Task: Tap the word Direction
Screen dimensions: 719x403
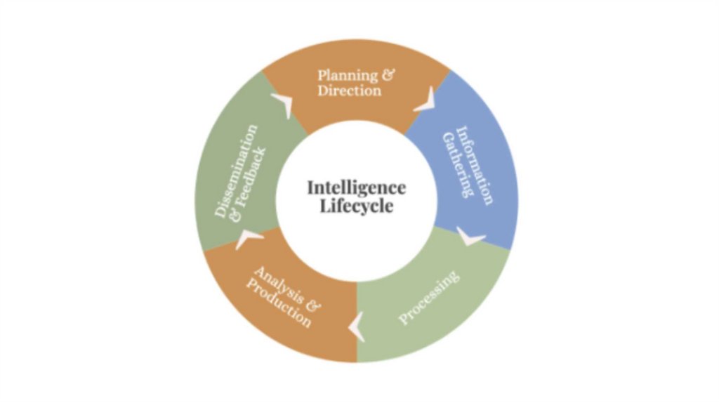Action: pos(349,91)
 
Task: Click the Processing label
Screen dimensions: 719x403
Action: pos(429,297)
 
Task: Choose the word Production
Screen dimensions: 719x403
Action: pos(278,303)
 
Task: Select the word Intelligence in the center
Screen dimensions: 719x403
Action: pos(356,188)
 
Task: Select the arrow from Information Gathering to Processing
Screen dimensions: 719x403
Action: pos(470,237)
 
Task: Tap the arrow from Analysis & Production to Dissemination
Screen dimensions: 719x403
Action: pos(247,239)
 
